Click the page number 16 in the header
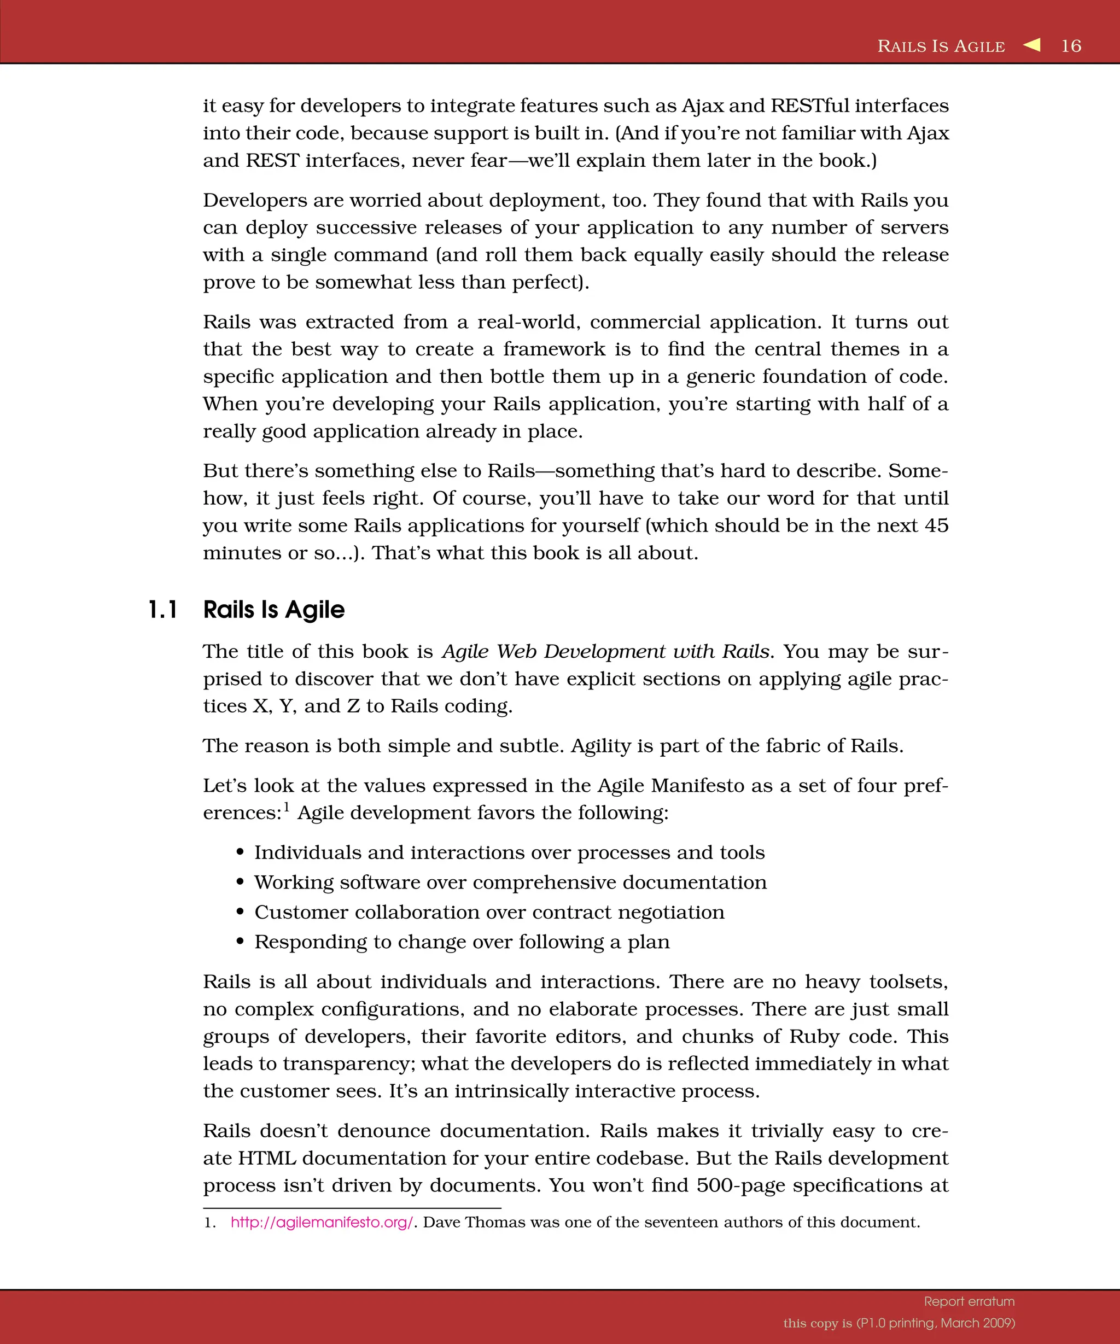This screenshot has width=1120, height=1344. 1071,46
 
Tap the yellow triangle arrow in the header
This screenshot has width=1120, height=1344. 1032,45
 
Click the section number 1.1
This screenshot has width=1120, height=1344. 162,610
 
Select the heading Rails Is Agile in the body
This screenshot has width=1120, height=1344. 274,610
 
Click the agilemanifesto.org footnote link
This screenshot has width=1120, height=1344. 321,1223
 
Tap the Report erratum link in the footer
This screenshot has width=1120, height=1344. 969,1301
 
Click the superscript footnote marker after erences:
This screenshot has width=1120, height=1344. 287,807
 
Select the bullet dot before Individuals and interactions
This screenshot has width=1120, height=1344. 240,852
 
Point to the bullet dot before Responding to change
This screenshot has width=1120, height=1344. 240,942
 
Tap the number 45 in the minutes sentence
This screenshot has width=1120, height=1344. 936,525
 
